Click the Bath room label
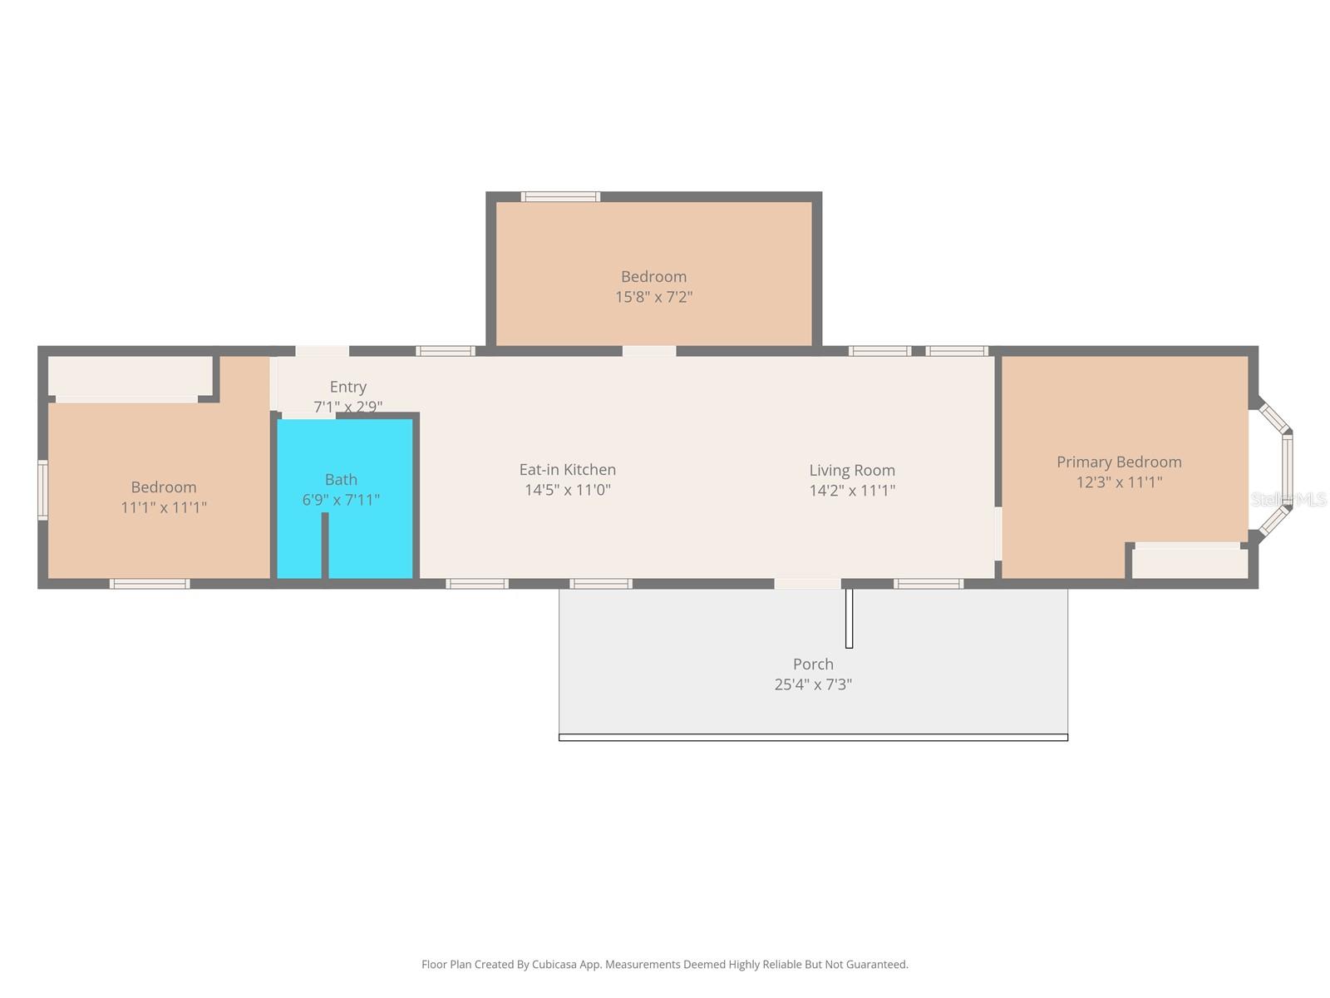pyautogui.click(x=341, y=480)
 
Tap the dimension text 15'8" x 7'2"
pyautogui.click(x=653, y=297)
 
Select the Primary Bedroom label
pyautogui.click(x=1119, y=462)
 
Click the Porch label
pyautogui.click(x=813, y=664)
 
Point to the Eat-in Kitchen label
pyautogui.click(x=567, y=470)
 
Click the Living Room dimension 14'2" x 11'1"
pyautogui.click(x=852, y=491)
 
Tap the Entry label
pyautogui.click(x=347, y=387)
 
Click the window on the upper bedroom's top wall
pyautogui.click(x=560, y=197)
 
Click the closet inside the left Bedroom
pyautogui.click(x=130, y=376)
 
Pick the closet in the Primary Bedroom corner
pyautogui.click(x=1190, y=563)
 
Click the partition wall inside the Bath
pyautogui.click(x=325, y=545)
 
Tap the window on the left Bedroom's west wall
pyautogui.click(x=42, y=491)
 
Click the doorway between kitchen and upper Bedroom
pyautogui.click(x=649, y=351)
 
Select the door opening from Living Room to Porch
pyautogui.click(x=807, y=584)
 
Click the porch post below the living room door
pyautogui.click(x=849, y=618)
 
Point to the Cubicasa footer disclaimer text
pyautogui.click(x=664, y=965)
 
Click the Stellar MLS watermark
pyautogui.click(x=1288, y=500)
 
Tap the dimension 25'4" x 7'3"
pyautogui.click(x=813, y=684)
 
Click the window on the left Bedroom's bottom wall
pyautogui.click(x=150, y=584)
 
